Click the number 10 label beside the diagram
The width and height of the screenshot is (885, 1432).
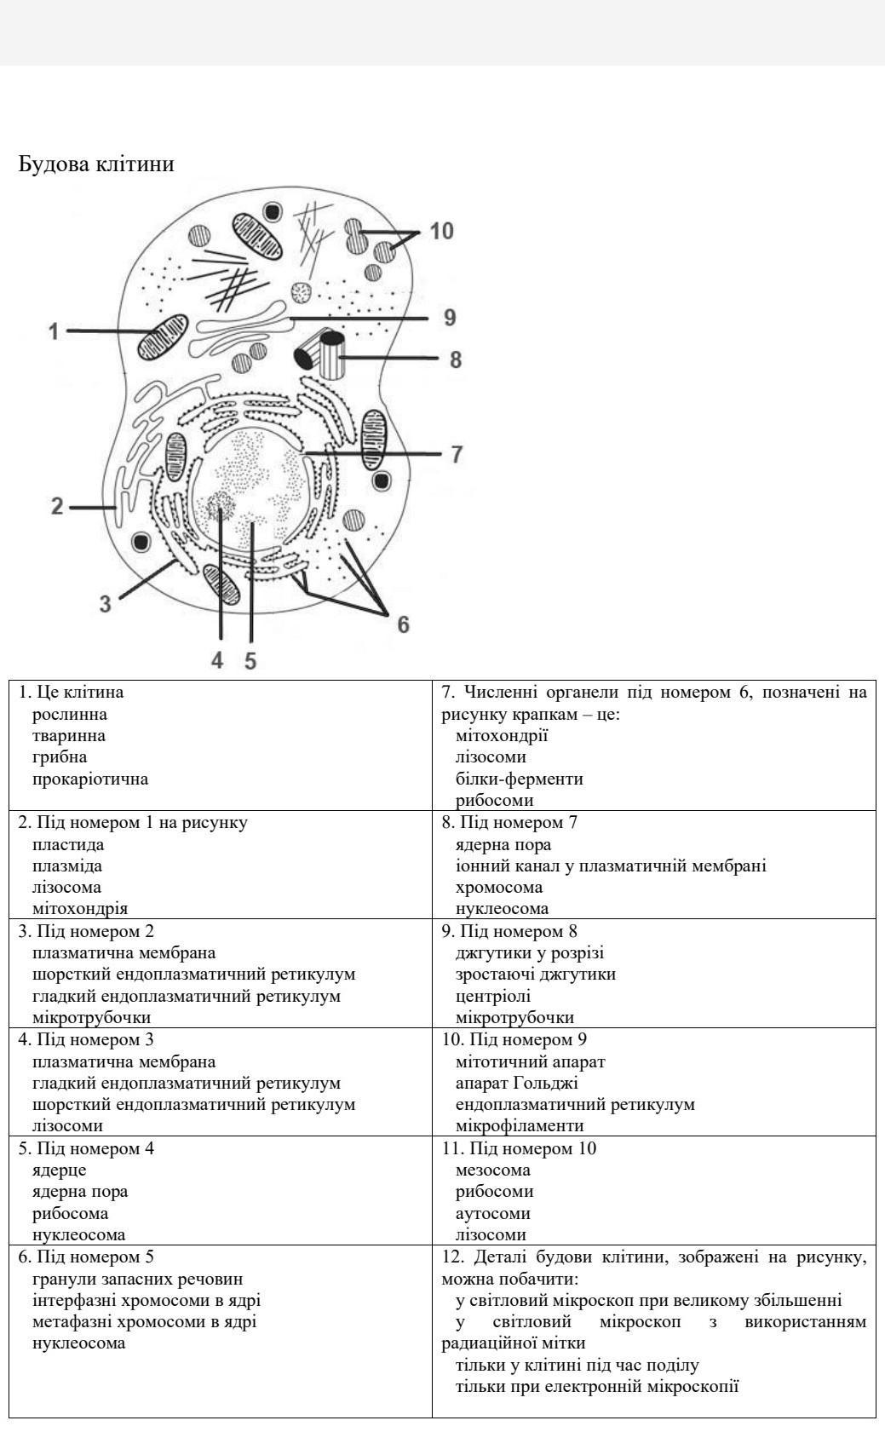(441, 231)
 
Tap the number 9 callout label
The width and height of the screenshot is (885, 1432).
(450, 318)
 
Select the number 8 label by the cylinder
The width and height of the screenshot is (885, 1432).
(456, 359)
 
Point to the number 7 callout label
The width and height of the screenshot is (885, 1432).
(457, 454)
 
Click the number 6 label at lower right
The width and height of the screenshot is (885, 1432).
(403, 624)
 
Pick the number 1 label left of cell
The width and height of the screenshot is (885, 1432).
(54, 331)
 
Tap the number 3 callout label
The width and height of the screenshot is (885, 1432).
(105, 604)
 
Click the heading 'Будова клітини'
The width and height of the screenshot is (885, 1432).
(95, 164)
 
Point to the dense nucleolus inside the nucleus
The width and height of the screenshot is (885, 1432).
(220, 506)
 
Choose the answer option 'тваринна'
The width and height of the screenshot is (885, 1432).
(69, 735)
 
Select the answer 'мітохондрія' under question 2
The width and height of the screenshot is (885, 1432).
(80, 908)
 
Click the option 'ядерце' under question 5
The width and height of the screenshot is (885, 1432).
(59, 1170)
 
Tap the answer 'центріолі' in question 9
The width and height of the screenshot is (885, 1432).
(493, 996)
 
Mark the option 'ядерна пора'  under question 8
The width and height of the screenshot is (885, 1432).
(503, 844)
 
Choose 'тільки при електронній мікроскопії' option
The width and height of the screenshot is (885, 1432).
(597, 1386)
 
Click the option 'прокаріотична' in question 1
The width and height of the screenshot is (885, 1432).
(90, 779)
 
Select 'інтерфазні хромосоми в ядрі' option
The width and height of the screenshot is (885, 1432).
(147, 1300)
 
